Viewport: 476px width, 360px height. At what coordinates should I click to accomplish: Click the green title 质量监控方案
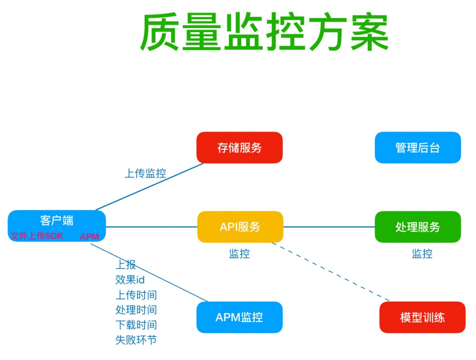point(264,33)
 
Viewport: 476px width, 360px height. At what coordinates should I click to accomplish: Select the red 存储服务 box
point(239,148)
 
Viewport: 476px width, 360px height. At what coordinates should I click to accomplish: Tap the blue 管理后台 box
point(417,148)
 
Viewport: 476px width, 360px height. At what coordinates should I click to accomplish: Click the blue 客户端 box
point(57,220)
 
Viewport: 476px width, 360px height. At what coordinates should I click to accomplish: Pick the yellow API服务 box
point(240,227)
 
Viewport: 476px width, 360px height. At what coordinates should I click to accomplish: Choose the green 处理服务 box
point(417,227)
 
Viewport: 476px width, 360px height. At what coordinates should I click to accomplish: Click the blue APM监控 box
point(239,317)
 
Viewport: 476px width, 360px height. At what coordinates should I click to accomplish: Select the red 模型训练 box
point(422,317)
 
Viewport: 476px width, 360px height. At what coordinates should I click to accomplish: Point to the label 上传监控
point(145,173)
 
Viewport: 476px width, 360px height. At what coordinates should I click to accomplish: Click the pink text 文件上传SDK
point(37,236)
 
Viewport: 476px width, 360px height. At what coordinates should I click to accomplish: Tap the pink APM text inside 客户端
point(89,237)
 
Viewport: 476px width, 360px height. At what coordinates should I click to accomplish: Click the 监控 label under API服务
point(239,254)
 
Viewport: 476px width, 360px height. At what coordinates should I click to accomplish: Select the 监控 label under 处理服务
point(422,254)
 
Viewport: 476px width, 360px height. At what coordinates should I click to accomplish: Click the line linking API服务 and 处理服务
point(328,227)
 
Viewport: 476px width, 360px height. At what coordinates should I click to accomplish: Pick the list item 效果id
point(129,280)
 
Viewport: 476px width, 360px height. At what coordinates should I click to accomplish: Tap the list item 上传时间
point(136,295)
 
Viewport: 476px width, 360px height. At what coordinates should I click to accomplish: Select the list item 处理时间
point(136,310)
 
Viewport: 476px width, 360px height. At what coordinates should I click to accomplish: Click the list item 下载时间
point(136,325)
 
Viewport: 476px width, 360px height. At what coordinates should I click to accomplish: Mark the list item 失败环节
point(136,340)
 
